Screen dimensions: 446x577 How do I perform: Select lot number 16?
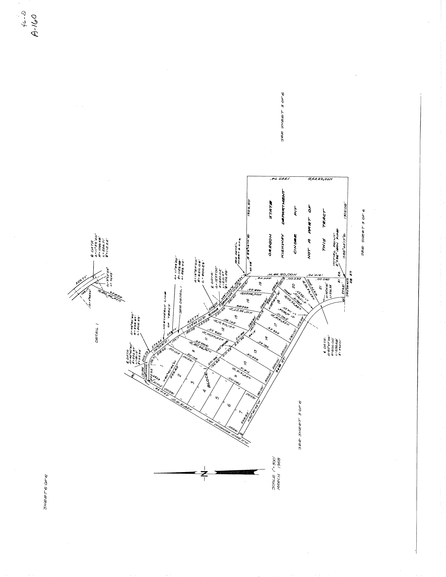248,300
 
